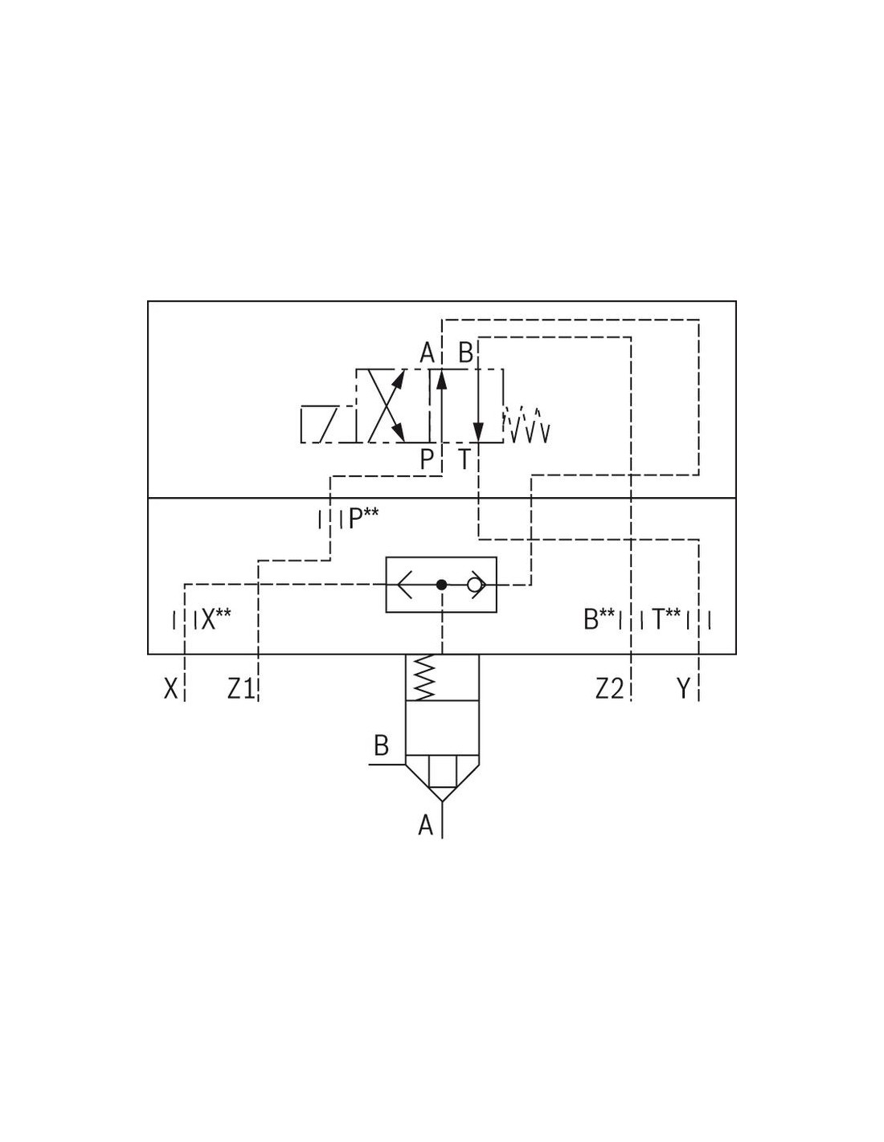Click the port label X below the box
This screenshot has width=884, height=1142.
(170, 688)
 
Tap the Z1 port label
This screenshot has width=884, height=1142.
(241, 688)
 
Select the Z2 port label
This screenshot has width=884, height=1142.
(609, 688)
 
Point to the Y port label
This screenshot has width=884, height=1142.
(682, 688)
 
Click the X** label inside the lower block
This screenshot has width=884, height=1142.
(215, 619)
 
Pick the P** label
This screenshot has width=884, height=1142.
(363, 520)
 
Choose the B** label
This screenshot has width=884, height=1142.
(599, 619)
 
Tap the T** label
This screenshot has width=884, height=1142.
(666, 619)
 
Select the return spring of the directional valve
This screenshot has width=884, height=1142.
(526, 424)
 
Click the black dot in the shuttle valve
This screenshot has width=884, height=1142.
(442, 585)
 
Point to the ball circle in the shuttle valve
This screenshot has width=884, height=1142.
(474, 585)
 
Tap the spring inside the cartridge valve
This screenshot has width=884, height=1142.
(425, 678)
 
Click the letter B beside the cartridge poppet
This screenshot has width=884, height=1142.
(381, 746)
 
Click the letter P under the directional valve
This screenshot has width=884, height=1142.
(427, 460)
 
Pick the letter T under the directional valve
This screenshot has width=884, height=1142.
(464, 460)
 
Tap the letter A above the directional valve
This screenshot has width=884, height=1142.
(427, 353)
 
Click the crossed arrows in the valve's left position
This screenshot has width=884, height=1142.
(387, 406)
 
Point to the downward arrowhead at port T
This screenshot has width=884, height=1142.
(478, 433)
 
